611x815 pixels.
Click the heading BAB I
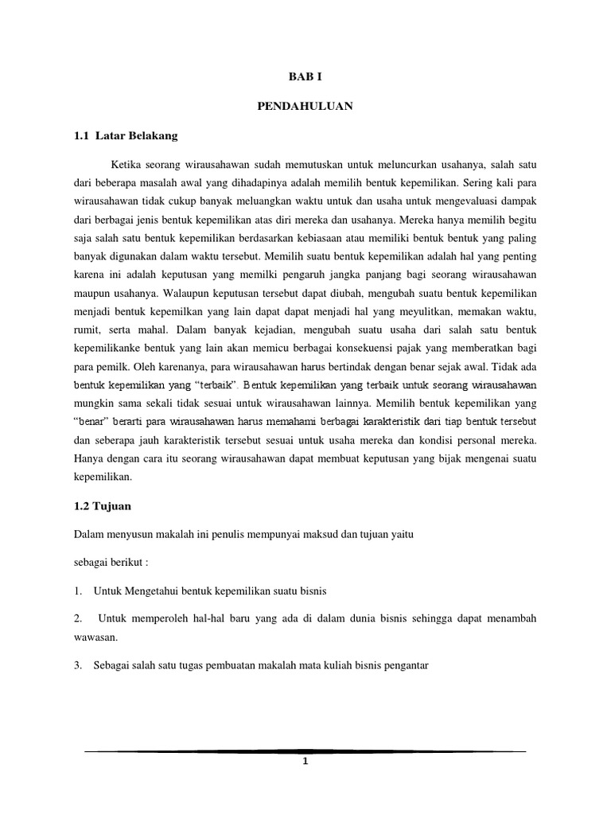[x=305, y=77]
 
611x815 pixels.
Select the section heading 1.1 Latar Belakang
[x=123, y=135]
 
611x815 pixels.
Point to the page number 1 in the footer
[x=305, y=762]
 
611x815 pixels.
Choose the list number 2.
[x=77, y=618]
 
